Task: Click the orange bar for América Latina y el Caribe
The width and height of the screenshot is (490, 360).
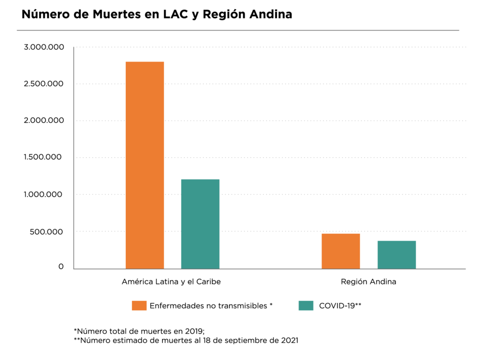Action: pyautogui.click(x=145, y=165)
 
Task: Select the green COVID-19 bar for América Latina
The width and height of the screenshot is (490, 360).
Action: pyautogui.click(x=200, y=224)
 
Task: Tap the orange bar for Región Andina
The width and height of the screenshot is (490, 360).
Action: pyautogui.click(x=340, y=251)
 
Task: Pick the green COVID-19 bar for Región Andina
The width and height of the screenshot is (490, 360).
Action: pyautogui.click(x=396, y=254)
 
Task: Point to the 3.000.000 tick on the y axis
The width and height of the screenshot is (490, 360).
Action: pyautogui.click(x=44, y=47)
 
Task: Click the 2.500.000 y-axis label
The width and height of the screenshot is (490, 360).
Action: pyautogui.click(x=44, y=84)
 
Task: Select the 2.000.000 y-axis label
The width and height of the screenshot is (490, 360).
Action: pyautogui.click(x=44, y=120)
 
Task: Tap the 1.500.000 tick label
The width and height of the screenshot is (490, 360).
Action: pyautogui.click(x=44, y=157)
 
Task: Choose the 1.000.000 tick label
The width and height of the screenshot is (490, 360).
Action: pyautogui.click(x=44, y=195)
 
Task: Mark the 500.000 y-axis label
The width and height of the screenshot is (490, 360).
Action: pyautogui.click(x=48, y=232)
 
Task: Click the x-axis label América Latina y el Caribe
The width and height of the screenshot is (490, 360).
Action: pyautogui.click(x=171, y=282)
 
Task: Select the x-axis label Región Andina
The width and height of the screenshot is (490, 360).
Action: pyautogui.click(x=368, y=282)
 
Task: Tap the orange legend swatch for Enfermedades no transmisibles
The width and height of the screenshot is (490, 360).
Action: pyautogui.click(x=139, y=306)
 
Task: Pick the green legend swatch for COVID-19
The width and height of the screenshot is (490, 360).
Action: pyautogui.click(x=306, y=306)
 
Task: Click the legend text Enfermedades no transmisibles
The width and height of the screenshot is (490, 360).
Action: pyautogui.click(x=211, y=306)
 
